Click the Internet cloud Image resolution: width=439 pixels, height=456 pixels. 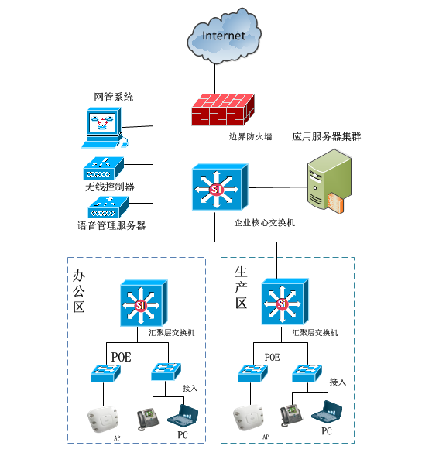pos(224,36)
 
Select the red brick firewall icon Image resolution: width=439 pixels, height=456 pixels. pos(223,110)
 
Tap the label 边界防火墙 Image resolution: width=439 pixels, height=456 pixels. pos(250,136)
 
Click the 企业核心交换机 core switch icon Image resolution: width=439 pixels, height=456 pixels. pos(220,187)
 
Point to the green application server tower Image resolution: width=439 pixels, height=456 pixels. pos(330,181)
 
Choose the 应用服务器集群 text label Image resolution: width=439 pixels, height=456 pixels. pos(327,136)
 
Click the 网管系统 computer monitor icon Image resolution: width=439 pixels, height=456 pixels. pos(105,128)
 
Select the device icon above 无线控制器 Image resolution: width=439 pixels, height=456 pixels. pos(104,168)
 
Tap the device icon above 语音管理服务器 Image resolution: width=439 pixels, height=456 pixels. pos(108,207)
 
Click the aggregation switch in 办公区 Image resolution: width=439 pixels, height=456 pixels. pos(144,303)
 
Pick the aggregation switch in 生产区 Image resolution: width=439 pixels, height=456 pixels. pos(285,302)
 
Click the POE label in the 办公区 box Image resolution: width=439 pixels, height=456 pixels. pos(121,357)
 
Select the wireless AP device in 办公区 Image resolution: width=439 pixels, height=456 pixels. pos(103,419)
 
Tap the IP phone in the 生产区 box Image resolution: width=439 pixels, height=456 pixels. pos(291,415)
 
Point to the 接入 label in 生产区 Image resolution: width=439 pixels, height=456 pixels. pos(338,382)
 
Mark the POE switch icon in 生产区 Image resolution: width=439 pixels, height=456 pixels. pos(252,373)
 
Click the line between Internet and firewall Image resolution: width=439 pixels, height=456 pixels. pos(215,78)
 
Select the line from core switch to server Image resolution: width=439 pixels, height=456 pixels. pos(278,187)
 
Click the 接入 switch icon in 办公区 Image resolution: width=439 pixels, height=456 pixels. pos(166,372)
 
